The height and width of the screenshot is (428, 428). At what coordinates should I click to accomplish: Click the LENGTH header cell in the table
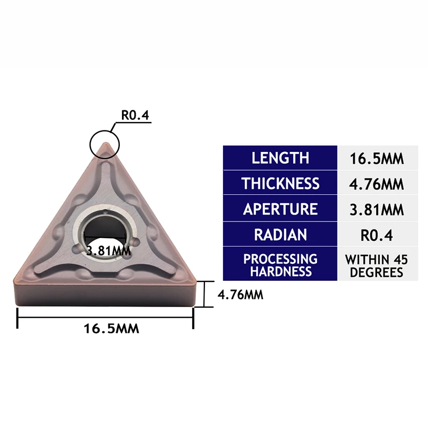point(280,158)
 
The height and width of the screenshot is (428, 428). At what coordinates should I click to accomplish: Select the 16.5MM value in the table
point(376,158)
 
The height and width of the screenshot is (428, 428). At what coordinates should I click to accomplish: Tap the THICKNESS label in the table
point(280,184)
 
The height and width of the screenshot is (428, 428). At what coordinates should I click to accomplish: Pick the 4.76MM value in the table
point(376,184)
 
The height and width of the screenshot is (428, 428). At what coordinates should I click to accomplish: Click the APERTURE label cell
point(280,209)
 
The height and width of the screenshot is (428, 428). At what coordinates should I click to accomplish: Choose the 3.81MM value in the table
point(376,209)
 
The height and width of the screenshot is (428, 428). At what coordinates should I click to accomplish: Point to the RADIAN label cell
point(280,234)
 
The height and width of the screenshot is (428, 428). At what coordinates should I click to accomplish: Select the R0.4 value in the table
point(376,234)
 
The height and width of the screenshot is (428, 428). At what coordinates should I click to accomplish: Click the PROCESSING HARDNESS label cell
point(280,265)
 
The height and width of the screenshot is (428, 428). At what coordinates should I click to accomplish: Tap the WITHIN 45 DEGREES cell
point(376,265)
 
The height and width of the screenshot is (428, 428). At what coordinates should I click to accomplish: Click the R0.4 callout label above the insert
point(134,115)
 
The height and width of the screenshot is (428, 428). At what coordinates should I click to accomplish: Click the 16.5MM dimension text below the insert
point(111,328)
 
